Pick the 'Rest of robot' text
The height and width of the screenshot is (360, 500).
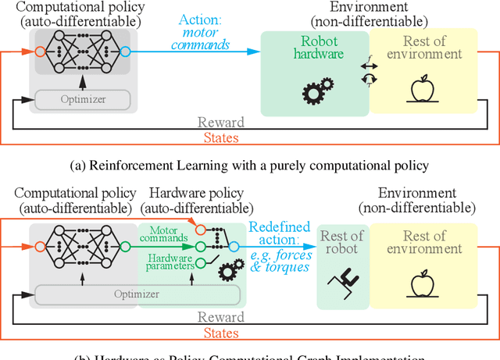pyautogui.click(x=342, y=243)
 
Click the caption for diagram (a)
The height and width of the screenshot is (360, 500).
pyautogui.click(x=250, y=164)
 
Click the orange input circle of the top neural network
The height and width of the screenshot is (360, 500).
pyautogui.click(x=40, y=52)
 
